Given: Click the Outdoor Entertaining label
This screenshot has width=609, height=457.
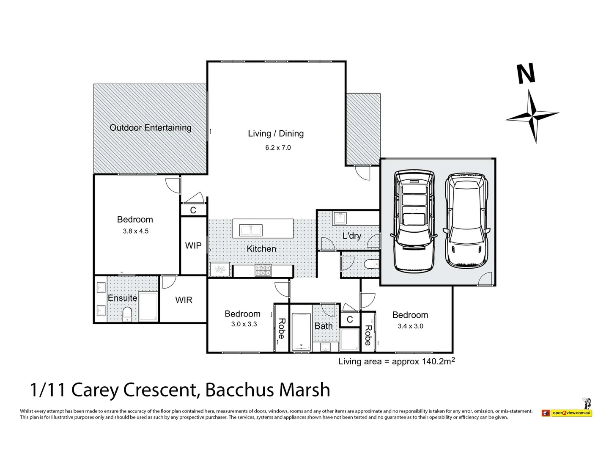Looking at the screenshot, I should (x=151, y=128).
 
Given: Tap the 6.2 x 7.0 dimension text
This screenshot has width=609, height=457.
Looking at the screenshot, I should (x=278, y=148).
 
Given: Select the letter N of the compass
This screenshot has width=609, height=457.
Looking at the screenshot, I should (x=527, y=74).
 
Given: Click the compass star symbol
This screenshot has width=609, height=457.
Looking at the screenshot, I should (x=532, y=115).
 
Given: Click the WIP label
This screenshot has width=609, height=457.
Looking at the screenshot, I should (x=193, y=245).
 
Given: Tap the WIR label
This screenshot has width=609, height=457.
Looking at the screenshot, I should (x=184, y=300).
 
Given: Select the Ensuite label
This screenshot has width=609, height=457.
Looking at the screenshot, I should (x=122, y=298).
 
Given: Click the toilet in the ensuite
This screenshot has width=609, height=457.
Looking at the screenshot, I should (x=127, y=314).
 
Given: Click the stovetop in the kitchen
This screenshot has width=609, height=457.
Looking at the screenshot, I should (x=263, y=270).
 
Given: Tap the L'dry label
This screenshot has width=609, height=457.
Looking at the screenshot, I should (x=351, y=236).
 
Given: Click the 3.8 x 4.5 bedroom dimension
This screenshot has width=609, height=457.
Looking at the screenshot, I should (x=136, y=231).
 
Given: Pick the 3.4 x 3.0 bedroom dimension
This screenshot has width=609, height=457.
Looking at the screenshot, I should (x=410, y=326).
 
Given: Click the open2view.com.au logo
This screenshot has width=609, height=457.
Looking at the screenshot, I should (x=571, y=413).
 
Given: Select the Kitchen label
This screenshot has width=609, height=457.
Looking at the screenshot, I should (x=261, y=249).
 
